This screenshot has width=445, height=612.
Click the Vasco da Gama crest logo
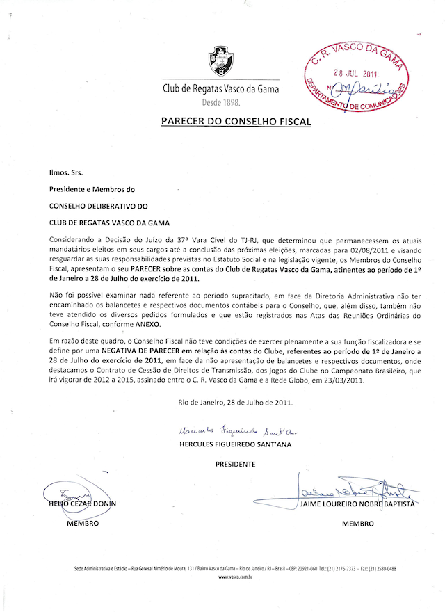pos(221,61)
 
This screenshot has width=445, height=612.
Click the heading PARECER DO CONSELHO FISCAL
pos(236,121)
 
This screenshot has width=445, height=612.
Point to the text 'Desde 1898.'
pos(220,102)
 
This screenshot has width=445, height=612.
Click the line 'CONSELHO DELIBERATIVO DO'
pos(98,205)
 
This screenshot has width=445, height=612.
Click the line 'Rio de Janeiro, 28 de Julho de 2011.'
pos(236,403)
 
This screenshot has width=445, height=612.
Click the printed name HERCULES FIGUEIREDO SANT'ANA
pos(235,444)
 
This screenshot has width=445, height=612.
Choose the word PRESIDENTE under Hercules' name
pos(235,463)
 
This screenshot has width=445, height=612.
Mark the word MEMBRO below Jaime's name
pos(358,524)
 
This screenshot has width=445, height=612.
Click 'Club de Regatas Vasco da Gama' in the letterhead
pos(220,89)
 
